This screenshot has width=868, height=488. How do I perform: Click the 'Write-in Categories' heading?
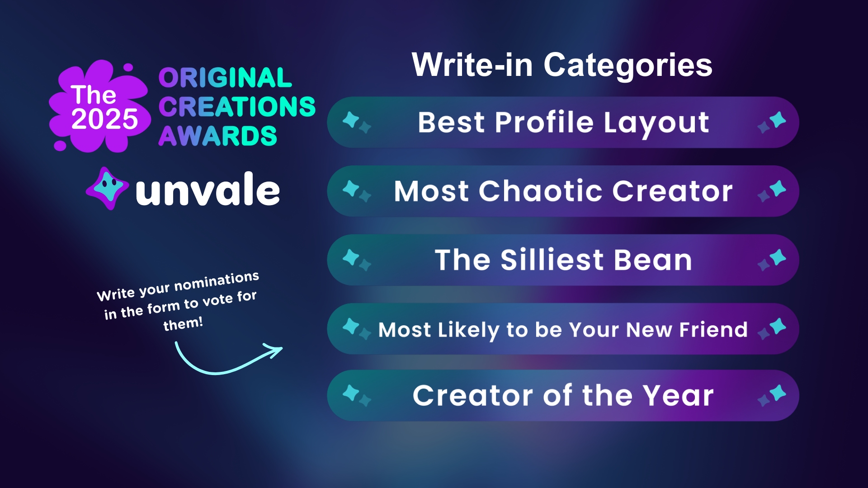[562, 66]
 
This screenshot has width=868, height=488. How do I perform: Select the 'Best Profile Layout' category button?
[563, 122]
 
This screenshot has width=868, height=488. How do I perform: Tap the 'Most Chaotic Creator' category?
[563, 191]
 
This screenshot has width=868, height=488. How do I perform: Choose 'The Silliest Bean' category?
[563, 260]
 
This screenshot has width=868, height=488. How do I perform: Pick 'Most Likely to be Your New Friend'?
[563, 329]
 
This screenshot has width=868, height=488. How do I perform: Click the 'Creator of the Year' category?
[563, 396]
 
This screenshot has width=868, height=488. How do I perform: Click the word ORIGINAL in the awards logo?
[225, 78]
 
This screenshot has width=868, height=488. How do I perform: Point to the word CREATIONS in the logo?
[237, 107]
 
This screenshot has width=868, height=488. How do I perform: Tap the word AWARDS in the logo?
[217, 136]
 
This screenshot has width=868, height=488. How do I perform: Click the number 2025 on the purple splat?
[104, 119]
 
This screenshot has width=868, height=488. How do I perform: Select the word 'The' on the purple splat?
[94, 95]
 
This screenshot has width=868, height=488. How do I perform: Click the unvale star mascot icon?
[107, 188]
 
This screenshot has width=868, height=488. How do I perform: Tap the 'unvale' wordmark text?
[208, 190]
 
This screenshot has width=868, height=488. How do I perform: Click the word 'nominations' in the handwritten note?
[217, 281]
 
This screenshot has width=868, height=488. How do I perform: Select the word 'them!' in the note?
[183, 324]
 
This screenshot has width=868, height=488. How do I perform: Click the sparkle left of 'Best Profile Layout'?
[356, 122]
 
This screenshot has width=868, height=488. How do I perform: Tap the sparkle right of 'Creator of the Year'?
[772, 395]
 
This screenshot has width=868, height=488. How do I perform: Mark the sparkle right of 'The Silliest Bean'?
[772, 260]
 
